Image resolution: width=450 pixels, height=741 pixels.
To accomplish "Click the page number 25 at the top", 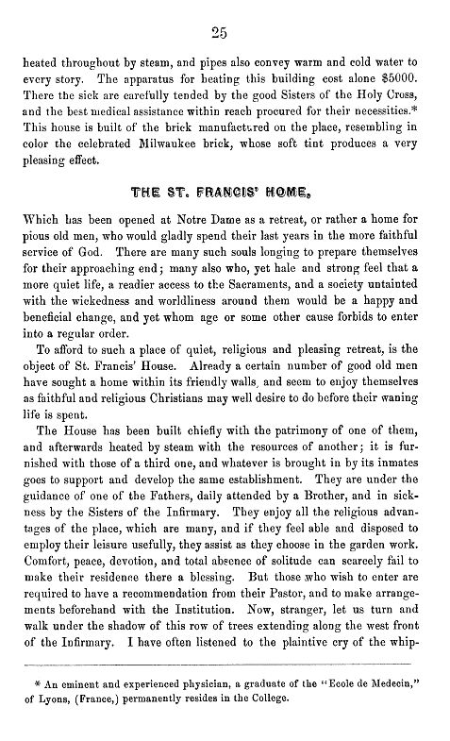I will [225, 32].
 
